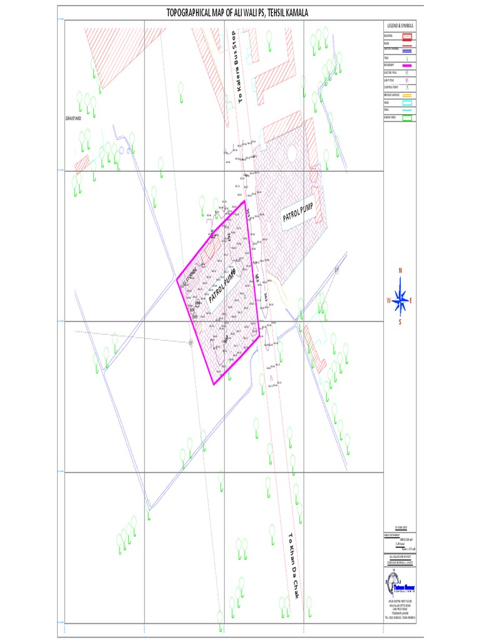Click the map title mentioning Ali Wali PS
pos(237,13)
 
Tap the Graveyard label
pos(73,118)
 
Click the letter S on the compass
pos(400,322)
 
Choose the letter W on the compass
pos(389,300)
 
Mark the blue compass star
pos(401,299)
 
